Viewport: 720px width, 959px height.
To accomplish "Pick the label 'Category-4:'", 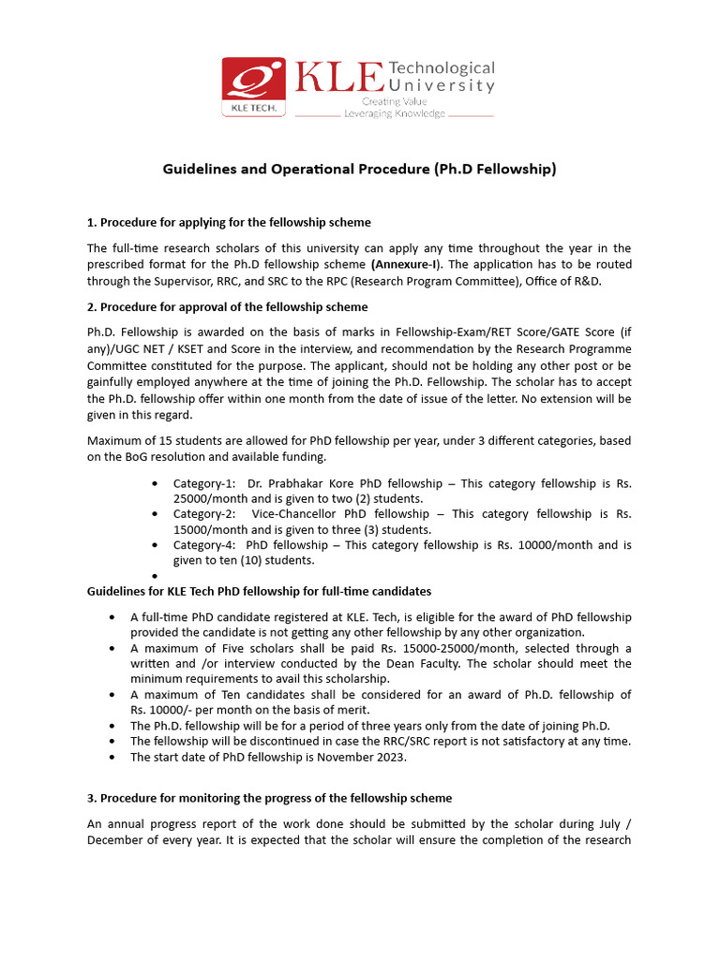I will (204, 544).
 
